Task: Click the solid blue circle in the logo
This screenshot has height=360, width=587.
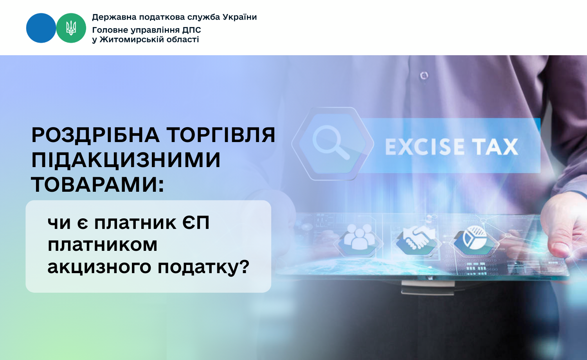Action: [x=41, y=28]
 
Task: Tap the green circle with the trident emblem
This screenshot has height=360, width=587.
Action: [x=71, y=28]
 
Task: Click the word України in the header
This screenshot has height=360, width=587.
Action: [x=239, y=17]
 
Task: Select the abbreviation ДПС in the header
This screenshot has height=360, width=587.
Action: [x=192, y=30]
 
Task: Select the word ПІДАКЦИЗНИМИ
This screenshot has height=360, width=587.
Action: [x=126, y=160]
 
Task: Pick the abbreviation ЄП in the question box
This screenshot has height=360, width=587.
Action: [x=196, y=223]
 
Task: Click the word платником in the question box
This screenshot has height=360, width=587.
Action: [x=103, y=245]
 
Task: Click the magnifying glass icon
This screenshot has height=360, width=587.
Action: [x=331, y=142]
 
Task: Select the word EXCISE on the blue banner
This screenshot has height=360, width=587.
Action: [x=425, y=147]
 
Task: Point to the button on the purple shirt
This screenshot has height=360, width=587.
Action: [x=424, y=76]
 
